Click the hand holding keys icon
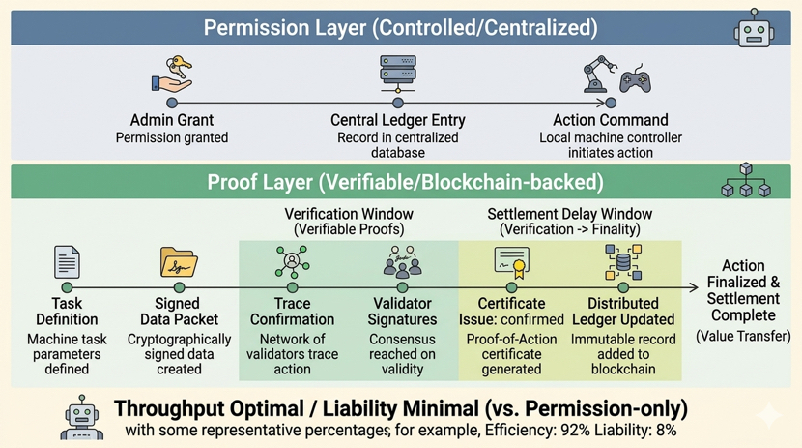click(172, 75)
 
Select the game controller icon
click(635, 78)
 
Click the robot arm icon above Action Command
click(599, 74)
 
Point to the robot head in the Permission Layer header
click(754, 29)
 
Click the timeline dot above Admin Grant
click(172, 103)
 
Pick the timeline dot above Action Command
click(611, 103)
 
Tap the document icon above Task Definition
click(67, 261)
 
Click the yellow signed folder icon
click(179, 262)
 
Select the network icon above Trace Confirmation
click(292, 261)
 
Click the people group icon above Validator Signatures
click(403, 261)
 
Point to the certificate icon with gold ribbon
click(512, 262)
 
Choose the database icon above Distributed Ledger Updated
click(623, 261)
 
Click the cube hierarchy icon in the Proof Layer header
click(746, 180)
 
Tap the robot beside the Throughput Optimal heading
click(82, 417)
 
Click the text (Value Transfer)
click(743, 337)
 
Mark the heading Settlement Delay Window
click(570, 214)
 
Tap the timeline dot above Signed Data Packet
click(179, 287)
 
